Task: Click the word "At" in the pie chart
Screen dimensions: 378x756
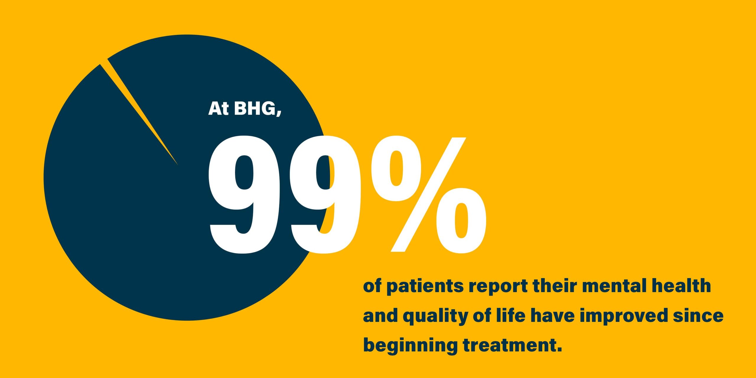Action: pyautogui.click(x=218, y=108)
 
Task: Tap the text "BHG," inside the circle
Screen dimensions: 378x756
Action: pyautogui.click(x=257, y=109)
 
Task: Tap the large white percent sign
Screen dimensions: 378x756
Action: pyautogui.click(x=428, y=195)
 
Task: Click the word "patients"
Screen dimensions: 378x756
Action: pyautogui.click(x=425, y=286)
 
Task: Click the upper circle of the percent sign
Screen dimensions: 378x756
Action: pyautogui.click(x=396, y=170)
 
